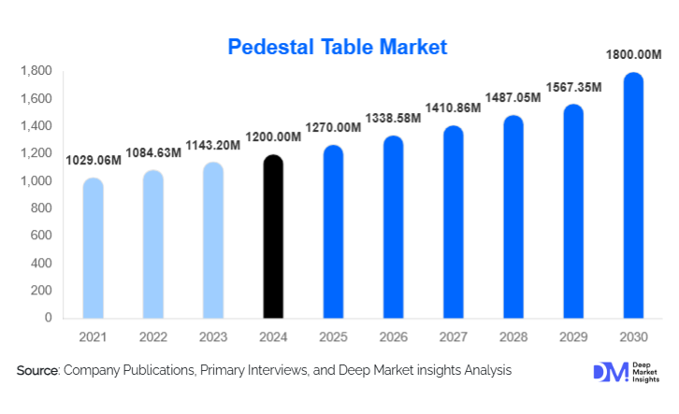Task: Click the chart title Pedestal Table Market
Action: click(339, 46)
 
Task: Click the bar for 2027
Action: click(453, 223)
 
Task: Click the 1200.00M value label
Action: click(273, 137)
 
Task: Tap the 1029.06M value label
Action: click(94, 161)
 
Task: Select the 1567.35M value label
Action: click(573, 87)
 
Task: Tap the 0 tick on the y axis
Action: click(47, 318)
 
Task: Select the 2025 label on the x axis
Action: click(333, 336)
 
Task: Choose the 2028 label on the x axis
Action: click(513, 336)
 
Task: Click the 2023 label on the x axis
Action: click(213, 336)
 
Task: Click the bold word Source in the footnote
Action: click(37, 371)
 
